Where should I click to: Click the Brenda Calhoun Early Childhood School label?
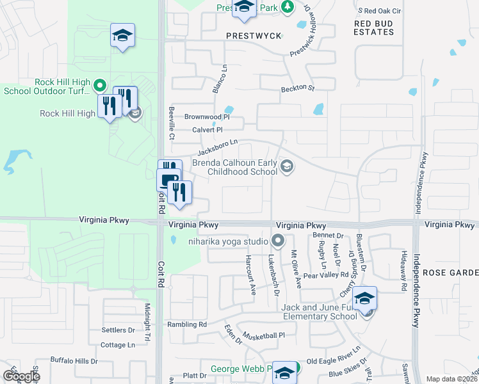point(235,168)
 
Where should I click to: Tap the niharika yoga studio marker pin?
point(277,241)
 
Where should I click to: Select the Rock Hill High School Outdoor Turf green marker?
point(99,84)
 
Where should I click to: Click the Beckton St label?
point(298,88)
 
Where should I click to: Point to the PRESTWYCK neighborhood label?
point(254,36)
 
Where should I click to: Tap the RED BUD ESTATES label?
point(374,27)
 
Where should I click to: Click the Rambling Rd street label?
point(187,324)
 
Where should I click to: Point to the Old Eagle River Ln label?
point(334,361)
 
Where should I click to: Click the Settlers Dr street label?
point(118,330)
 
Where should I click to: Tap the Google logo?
point(22,376)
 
